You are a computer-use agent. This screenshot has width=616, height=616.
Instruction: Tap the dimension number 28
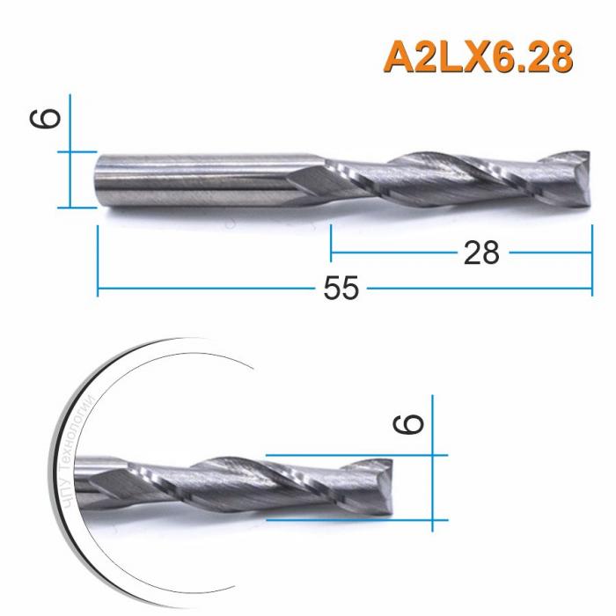coord(480,253)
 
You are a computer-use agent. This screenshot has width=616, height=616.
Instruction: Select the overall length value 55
coord(341,289)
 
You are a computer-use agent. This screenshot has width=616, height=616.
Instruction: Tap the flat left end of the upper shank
coord(97,180)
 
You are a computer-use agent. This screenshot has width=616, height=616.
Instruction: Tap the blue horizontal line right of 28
coord(550,252)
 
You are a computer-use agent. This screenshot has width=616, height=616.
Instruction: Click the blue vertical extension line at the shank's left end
coord(97,255)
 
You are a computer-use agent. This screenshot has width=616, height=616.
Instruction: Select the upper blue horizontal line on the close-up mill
coord(352,454)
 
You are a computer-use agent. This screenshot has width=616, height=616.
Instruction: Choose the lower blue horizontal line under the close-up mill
coord(352,519)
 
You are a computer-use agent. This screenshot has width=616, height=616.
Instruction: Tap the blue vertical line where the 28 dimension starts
coord(330,242)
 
